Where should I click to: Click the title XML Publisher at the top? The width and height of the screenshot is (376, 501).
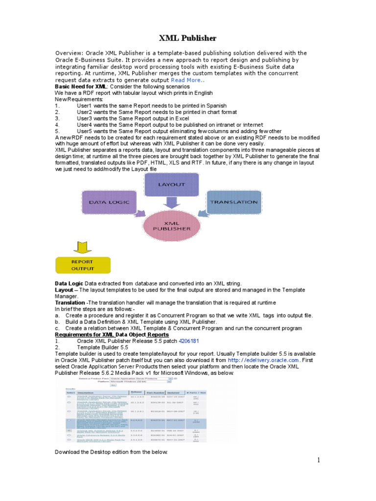[188, 38]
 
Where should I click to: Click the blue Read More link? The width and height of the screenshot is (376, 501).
[186, 80]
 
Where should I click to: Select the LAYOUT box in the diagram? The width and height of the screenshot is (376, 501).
[171, 184]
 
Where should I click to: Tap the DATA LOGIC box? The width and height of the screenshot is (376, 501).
[109, 202]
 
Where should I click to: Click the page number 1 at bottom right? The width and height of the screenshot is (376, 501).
[318, 460]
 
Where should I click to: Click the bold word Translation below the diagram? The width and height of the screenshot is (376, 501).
[70, 302]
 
